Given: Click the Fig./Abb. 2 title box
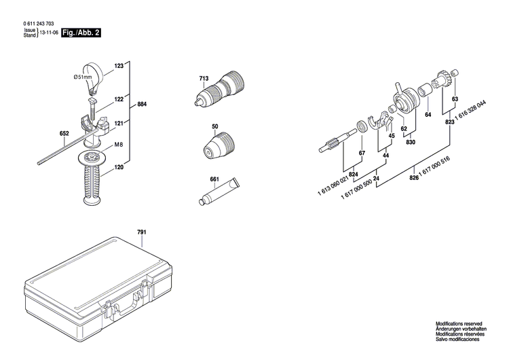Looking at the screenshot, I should click(80, 33).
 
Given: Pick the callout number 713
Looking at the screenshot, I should click(203, 79).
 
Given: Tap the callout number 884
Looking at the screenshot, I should click(142, 105).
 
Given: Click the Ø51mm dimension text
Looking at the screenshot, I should click(83, 78).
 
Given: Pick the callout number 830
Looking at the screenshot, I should click(410, 142).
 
